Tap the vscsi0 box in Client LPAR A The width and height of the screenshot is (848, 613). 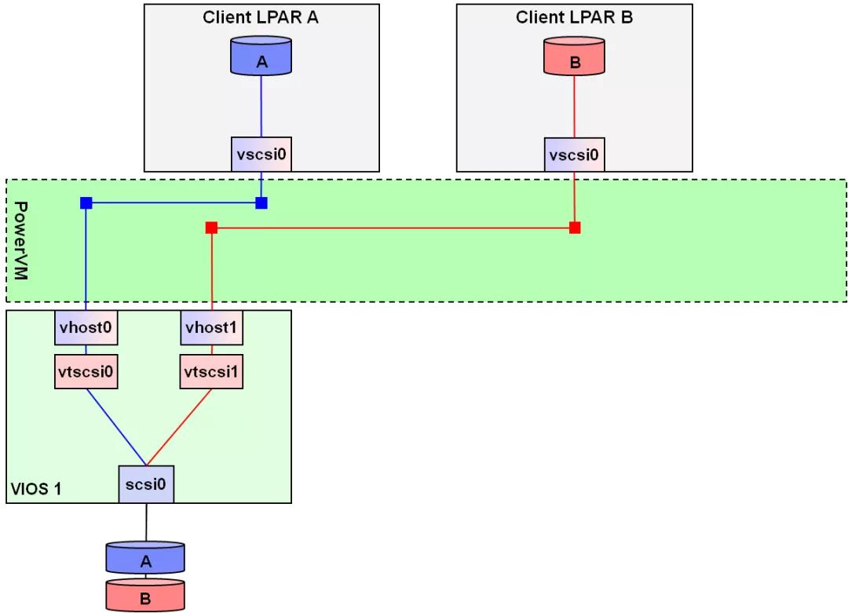coord(261,154)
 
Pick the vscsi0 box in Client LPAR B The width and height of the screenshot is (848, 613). coord(575,154)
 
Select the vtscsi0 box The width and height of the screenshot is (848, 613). coord(86,370)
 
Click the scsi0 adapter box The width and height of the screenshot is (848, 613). coord(146,484)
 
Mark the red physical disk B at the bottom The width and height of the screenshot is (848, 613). coord(145,597)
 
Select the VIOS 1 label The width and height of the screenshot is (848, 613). coord(36,490)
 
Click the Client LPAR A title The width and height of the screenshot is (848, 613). coord(261,17)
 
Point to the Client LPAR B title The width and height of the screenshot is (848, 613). coord(575,17)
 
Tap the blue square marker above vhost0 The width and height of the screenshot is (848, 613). coord(86,203)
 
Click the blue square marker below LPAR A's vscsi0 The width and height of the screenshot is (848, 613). coord(261,203)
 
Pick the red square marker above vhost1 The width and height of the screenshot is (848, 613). coord(211,228)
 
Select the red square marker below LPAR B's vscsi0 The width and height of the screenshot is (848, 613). coord(575,228)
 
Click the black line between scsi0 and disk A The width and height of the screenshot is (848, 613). coord(146,522)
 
